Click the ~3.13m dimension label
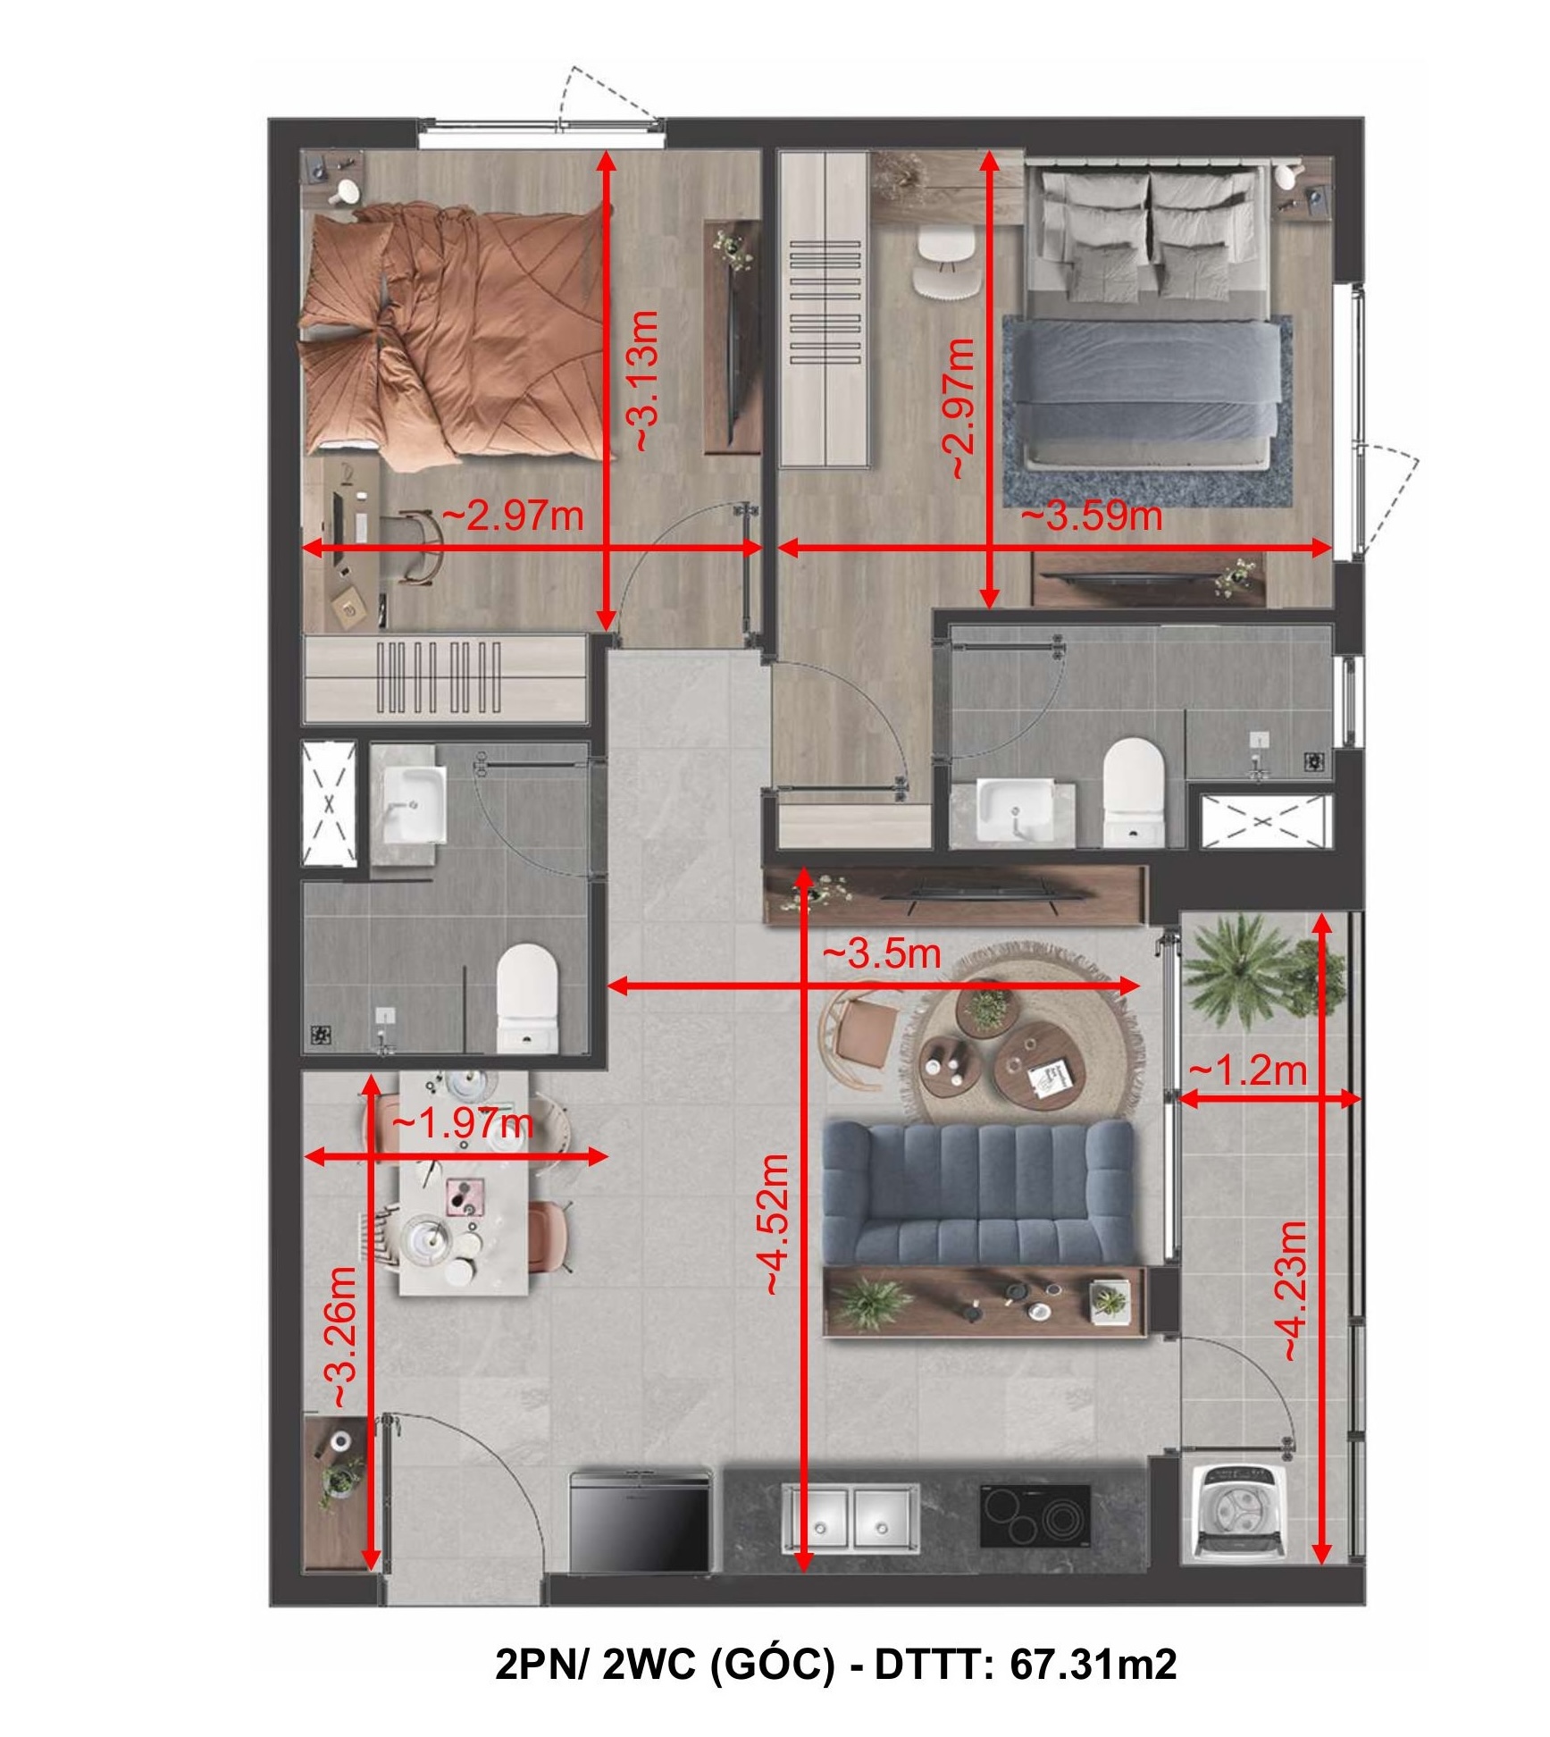tap(645, 381)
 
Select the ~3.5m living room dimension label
tap(882, 953)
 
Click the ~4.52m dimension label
tap(774, 1224)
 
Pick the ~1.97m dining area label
tap(463, 1123)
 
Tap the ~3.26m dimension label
tap(343, 1338)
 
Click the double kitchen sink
tap(851, 1517)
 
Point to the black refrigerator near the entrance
tap(641, 1520)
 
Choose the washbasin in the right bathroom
tap(1015, 809)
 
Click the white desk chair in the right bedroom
tap(948, 261)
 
